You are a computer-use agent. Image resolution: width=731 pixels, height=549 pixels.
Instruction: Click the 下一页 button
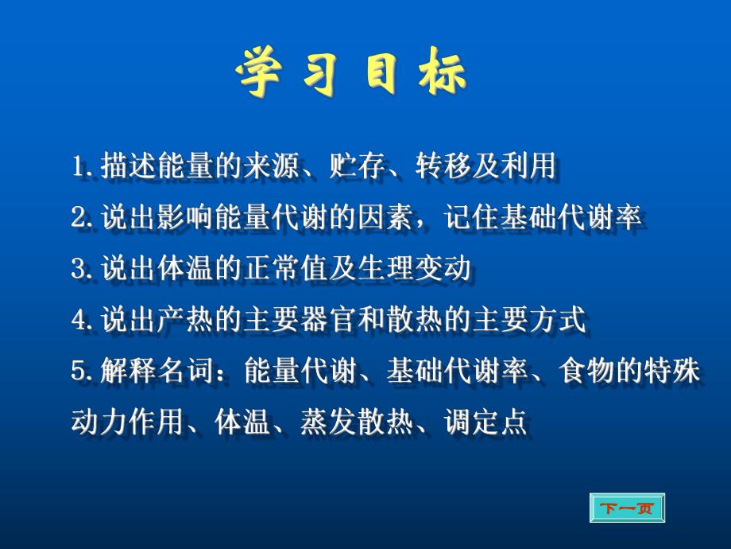tap(626, 508)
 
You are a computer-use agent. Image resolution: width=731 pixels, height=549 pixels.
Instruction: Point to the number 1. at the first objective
tap(81, 168)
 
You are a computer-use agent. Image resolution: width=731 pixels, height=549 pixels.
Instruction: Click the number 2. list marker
tap(81, 219)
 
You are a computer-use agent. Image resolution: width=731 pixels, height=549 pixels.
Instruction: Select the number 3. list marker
tap(81, 270)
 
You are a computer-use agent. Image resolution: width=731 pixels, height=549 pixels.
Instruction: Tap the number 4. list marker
tap(81, 321)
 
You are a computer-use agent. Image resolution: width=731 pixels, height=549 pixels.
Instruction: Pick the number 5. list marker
tap(81, 372)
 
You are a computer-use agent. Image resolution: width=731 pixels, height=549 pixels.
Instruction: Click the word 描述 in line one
tap(125, 168)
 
